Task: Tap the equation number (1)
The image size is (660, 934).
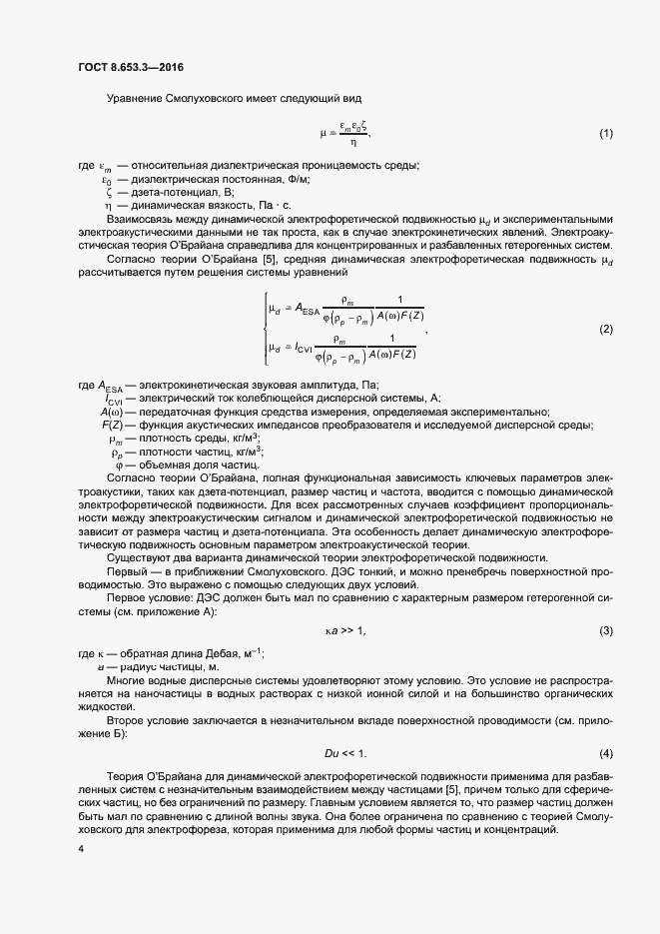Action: coord(605,133)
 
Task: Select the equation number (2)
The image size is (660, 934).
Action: coord(605,329)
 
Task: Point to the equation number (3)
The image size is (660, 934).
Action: coord(605,630)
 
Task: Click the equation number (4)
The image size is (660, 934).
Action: coord(605,751)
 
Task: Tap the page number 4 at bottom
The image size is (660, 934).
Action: coord(80,849)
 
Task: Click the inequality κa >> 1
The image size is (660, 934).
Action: coord(346,630)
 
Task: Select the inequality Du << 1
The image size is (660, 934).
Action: coord(346,751)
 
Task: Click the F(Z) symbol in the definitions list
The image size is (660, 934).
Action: coord(110,426)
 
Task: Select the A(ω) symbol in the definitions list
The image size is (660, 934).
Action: coord(110,413)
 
